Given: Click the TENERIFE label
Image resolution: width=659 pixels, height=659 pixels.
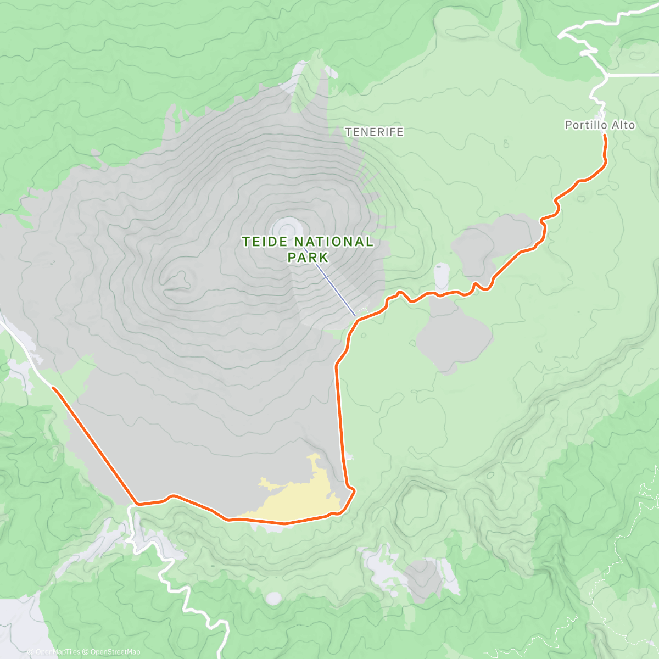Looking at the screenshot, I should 374,132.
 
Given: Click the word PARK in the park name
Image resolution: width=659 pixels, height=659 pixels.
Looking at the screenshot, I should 308,257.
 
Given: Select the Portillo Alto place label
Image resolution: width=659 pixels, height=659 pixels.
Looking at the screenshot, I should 600,125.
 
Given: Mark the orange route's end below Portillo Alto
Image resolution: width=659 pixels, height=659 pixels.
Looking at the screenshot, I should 605,136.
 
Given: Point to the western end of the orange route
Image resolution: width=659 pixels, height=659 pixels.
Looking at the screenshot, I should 53,388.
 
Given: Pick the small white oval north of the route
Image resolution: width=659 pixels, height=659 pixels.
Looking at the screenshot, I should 442,275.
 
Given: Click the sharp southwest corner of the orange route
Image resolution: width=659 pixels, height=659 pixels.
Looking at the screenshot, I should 137,503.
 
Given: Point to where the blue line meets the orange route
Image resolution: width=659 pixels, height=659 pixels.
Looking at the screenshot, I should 356,318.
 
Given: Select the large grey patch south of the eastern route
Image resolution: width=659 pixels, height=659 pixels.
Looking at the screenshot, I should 453,338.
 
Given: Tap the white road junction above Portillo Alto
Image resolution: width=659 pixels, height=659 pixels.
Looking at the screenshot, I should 607,75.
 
